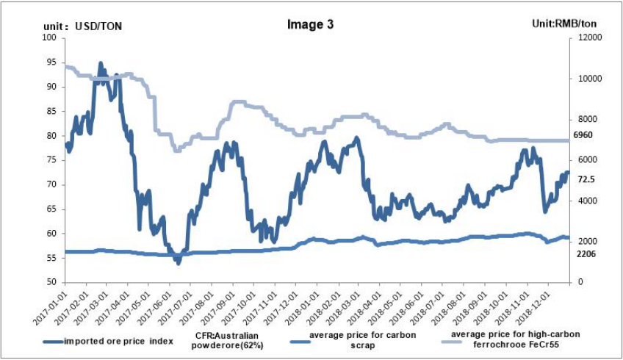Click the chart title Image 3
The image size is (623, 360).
point(310,24)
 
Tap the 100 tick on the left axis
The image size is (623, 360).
point(51,38)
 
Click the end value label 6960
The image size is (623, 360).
point(583,136)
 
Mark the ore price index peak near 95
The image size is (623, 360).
point(100,63)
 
